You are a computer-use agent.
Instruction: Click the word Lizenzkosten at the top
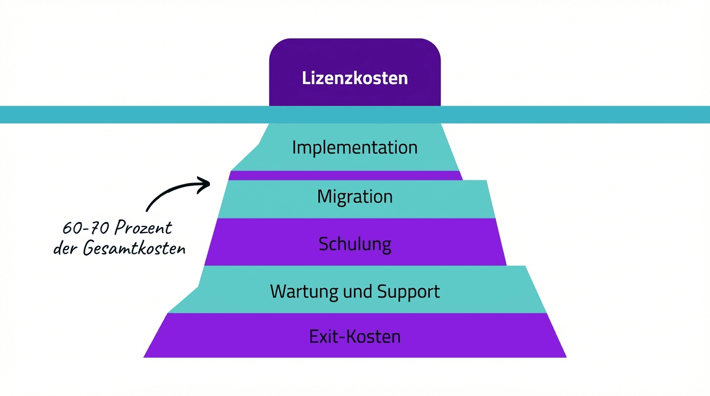(354, 78)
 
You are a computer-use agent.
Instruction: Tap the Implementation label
(354, 147)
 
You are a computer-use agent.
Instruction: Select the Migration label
(354, 196)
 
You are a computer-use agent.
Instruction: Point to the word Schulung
(354, 244)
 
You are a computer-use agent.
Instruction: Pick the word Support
(409, 291)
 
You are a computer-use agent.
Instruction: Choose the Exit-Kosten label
(354, 337)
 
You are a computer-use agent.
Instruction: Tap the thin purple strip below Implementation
(346, 175)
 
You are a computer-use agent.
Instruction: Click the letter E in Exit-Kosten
(313, 337)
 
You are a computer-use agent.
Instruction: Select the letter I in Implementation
(295, 147)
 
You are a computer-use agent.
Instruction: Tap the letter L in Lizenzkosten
(305, 78)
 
